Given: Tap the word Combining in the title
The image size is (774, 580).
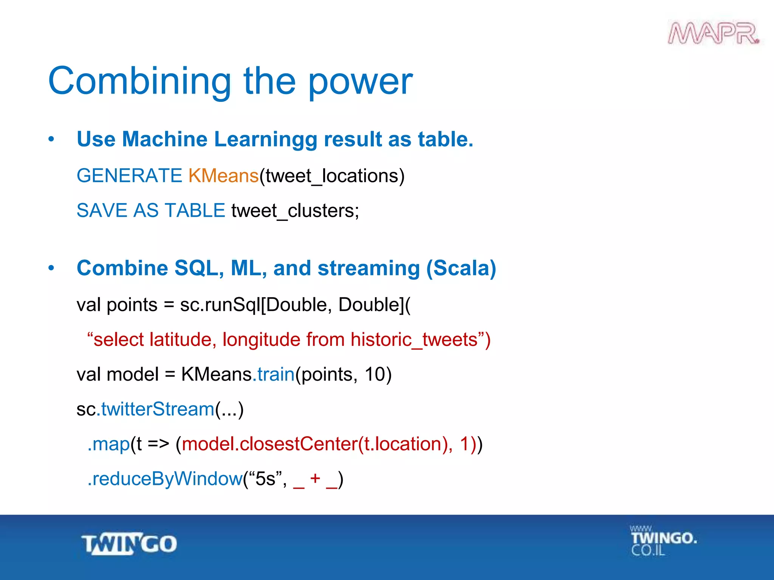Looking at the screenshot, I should pyautogui.click(x=139, y=81).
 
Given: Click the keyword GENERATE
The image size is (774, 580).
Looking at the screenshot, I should pyautogui.click(x=129, y=176).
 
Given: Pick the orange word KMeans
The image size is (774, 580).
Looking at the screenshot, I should pyautogui.click(x=223, y=176).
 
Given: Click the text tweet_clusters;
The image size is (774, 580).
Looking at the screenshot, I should pyautogui.click(x=295, y=211).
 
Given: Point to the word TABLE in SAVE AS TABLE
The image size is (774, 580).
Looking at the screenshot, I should pyautogui.click(x=195, y=211).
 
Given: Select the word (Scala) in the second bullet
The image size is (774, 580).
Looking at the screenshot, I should pyautogui.click(x=461, y=268).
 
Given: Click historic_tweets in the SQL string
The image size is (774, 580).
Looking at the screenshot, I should pyautogui.click(x=415, y=339).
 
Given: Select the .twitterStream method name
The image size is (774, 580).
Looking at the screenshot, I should pyautogui.click(x=156, y=409).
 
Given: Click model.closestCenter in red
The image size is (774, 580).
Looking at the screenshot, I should pyautogui.click(x=269, y=444).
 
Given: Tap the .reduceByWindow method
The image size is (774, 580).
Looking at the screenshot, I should pyautogui.click(x=165, y=479).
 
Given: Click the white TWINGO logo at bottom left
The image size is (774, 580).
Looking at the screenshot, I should pyautogui.click(x=129, y=544).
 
